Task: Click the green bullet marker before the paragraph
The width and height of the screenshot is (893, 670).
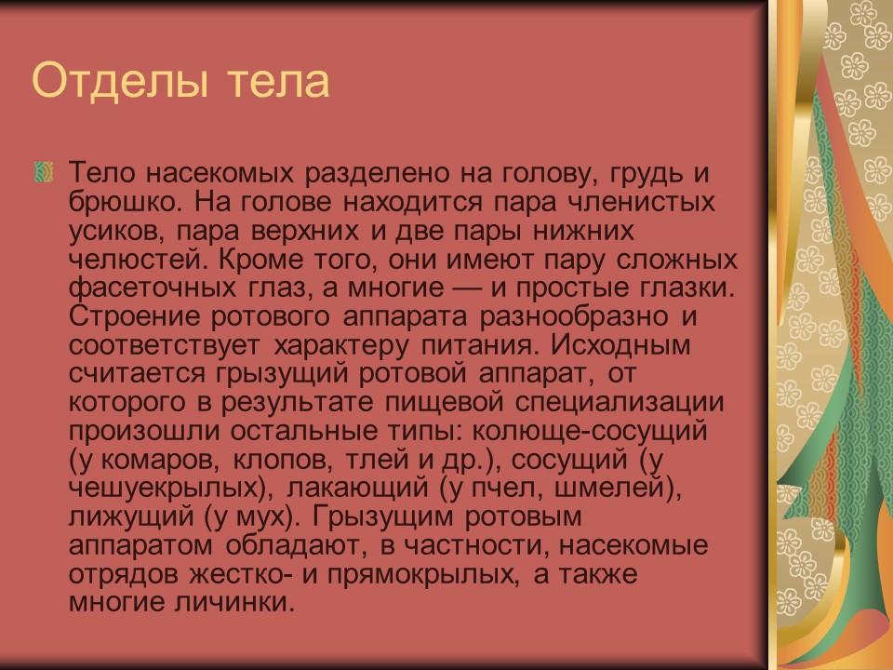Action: pos(41,171)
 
